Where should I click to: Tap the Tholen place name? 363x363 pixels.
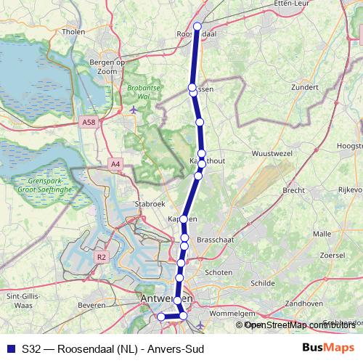pos(75,32)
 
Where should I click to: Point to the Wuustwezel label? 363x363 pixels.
pos(270,154)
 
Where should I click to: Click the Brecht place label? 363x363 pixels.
pos(293,189)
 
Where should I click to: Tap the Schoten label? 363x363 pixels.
pos(219,272)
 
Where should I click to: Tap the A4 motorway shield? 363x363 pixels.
pos(116,165)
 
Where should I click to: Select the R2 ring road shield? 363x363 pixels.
pos(101,256)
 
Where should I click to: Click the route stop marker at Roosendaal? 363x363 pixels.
pos(198,26)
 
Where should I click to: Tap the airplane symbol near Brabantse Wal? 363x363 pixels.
pos(134,110)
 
